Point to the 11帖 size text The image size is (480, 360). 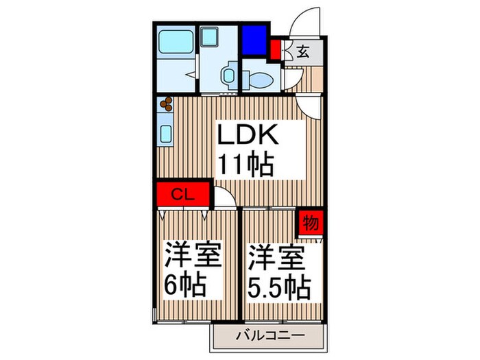(246, 164)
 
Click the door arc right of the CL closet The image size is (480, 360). (224, 197)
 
